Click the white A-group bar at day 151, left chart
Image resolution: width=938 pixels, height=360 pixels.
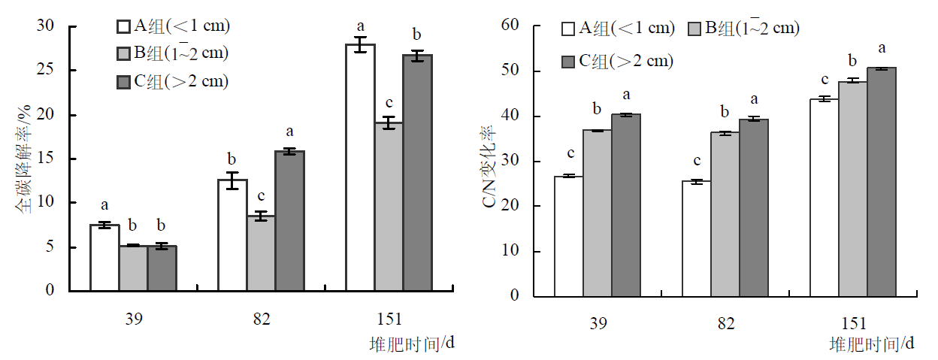[x=360, y=167]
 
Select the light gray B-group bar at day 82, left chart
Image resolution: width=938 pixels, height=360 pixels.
[x=261, y=253]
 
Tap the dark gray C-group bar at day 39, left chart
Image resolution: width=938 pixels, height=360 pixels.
[x=162, y=268]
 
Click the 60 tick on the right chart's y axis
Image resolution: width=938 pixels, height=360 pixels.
[x=511, y=26]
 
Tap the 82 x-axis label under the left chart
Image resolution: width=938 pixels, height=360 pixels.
[x=261, y=319]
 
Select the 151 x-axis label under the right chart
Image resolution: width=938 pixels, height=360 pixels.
[x=853, y=324]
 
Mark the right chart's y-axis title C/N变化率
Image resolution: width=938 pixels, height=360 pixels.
[x=488, y=162]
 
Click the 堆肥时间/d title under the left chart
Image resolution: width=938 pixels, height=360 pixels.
[x=413, y=343]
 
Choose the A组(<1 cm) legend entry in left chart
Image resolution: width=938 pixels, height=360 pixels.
[x=173, y=26]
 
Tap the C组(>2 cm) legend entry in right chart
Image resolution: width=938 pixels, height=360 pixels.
[x=617, y=61]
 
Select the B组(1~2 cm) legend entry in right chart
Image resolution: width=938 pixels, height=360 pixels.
[x=743, y=29]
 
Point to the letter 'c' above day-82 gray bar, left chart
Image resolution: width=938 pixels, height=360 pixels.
[x=261, y=196]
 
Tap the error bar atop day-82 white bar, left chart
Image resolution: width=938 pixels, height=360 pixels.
[x=232, y=180]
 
